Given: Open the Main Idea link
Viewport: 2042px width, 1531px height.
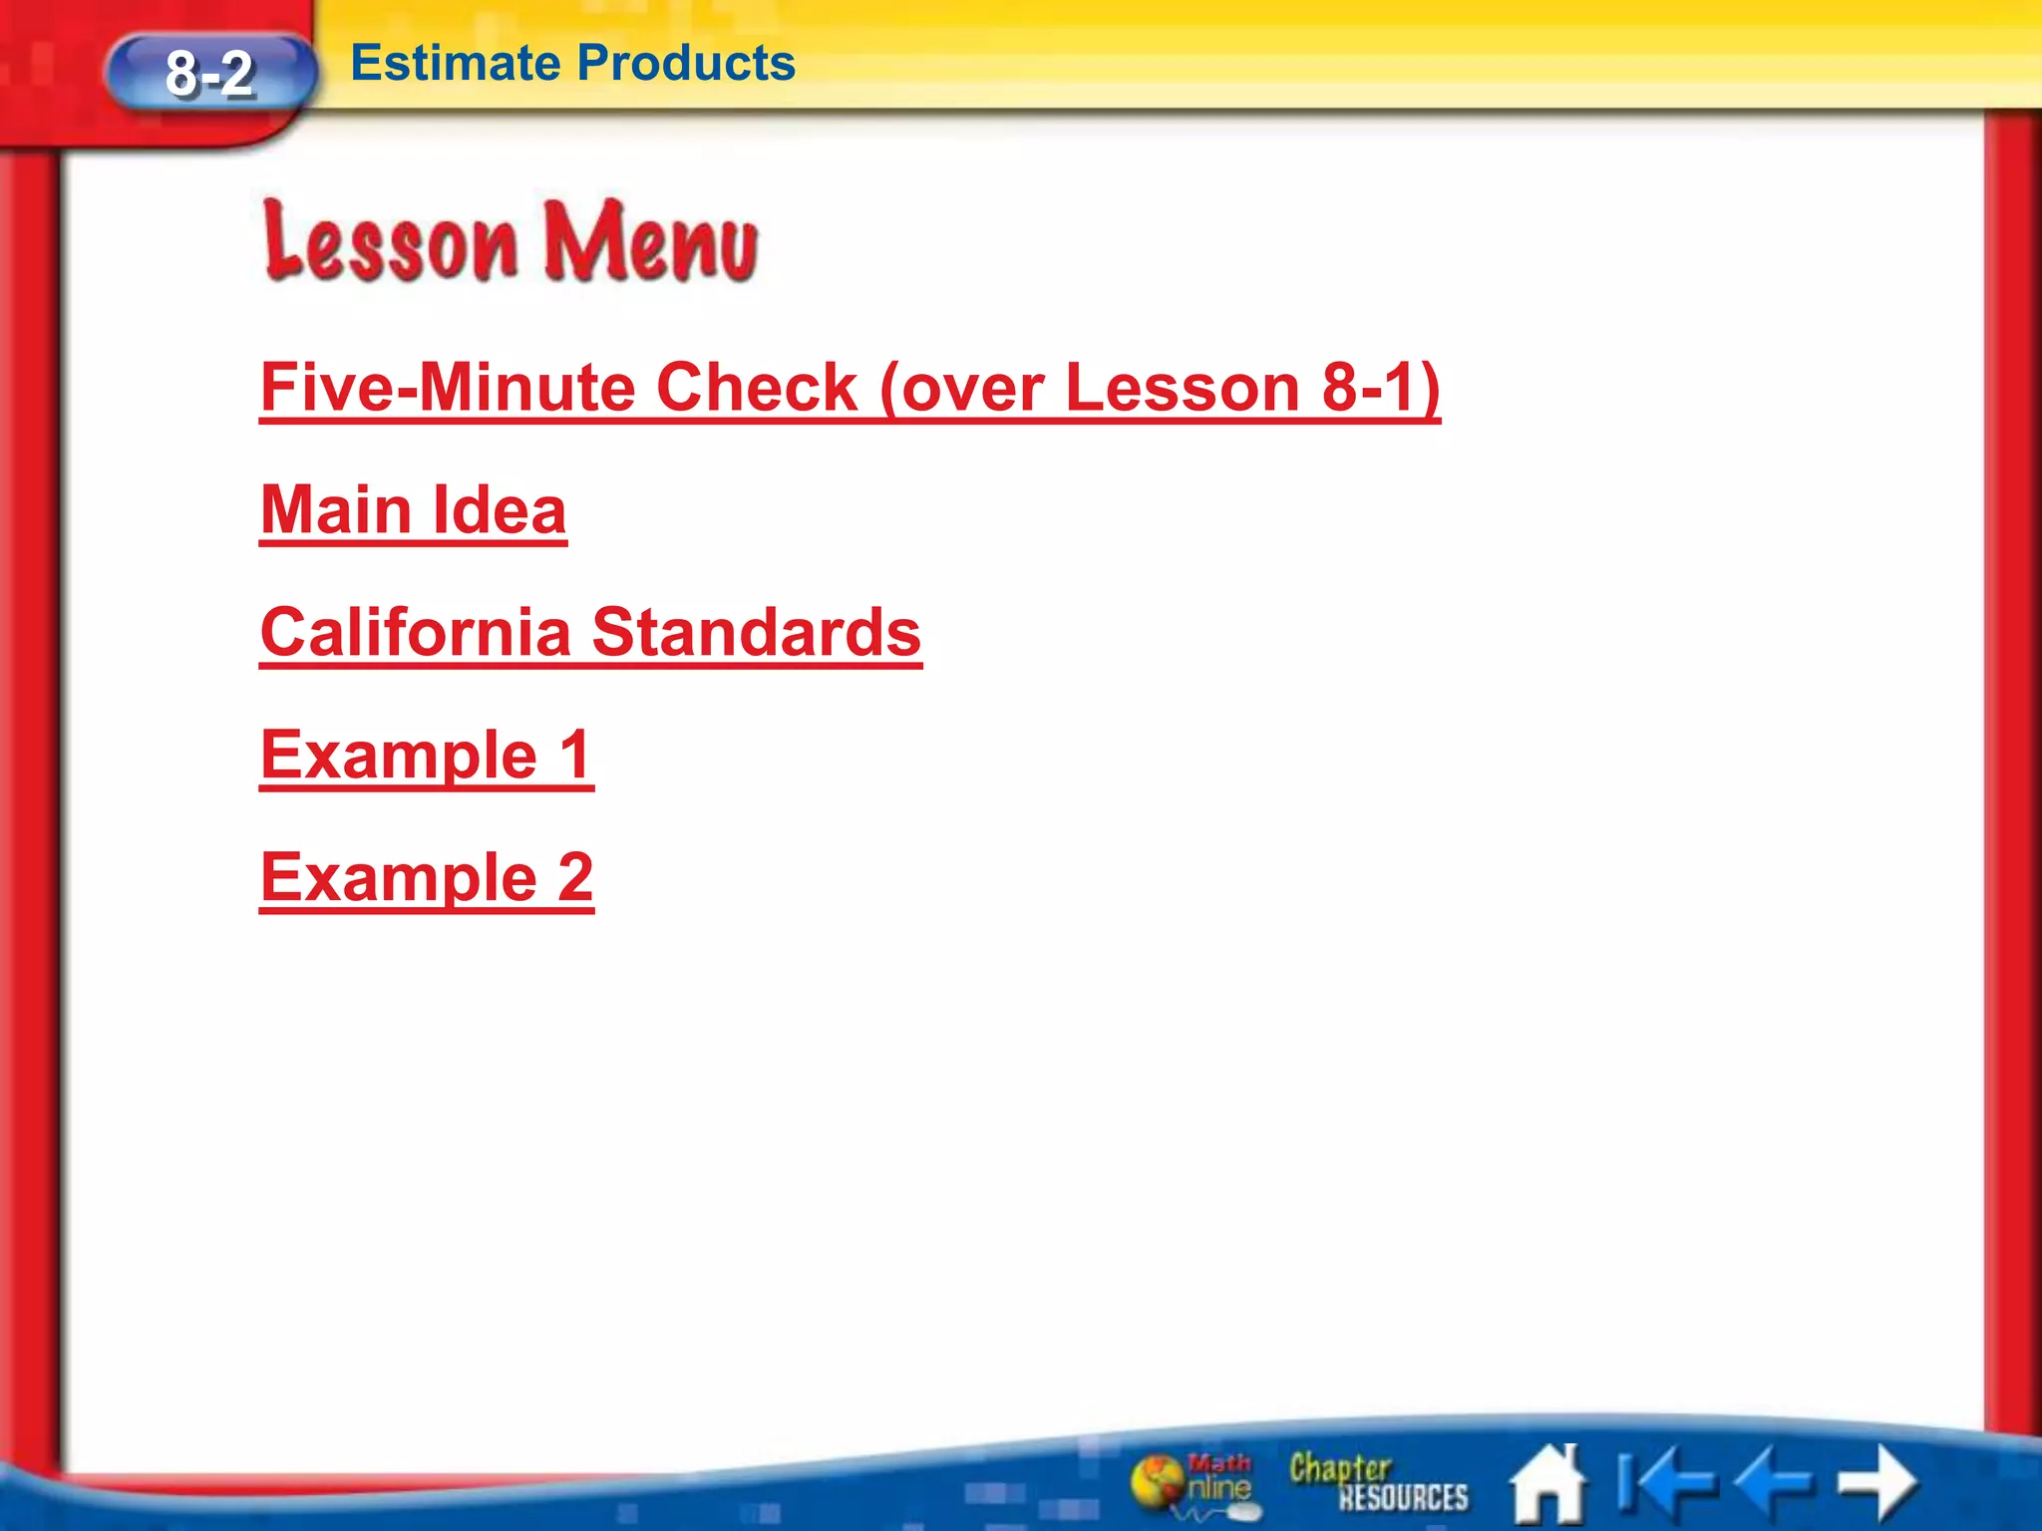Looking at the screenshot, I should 413,510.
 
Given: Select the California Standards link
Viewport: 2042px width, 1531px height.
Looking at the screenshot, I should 590,633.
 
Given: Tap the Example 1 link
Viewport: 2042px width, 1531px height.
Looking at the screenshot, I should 427,755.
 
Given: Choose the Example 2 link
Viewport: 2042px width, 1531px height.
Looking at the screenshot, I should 427,877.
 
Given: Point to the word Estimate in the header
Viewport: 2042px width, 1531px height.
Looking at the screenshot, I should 457,63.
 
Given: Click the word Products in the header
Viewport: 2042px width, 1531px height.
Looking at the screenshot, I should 686,63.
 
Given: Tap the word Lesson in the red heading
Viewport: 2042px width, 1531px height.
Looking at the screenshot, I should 391,241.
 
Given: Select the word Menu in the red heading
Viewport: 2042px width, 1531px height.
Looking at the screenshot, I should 650,241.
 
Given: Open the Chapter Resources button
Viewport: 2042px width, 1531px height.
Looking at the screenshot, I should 1378,1482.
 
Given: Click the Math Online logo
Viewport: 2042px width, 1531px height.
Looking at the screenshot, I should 1192,1483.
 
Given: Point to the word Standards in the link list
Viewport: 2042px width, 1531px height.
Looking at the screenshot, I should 756,633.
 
